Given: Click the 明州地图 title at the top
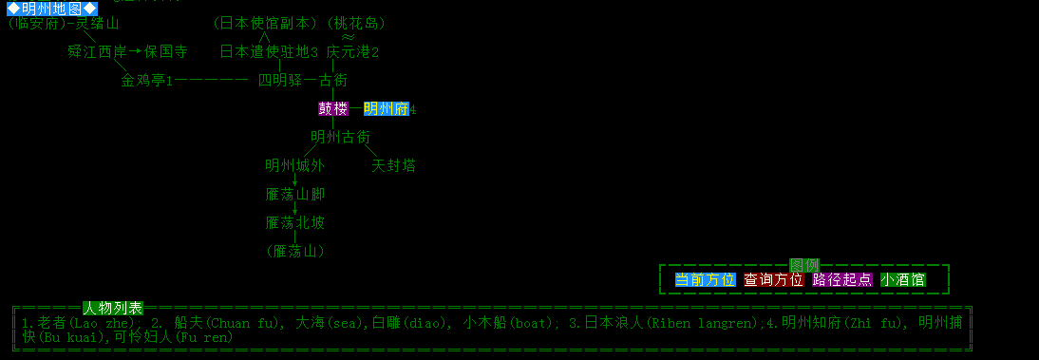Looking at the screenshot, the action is point(52,9).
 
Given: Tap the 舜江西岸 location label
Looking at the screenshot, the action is point(97,51).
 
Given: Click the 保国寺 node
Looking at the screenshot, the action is point(165,51).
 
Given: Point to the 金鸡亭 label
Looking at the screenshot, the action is point(142,81).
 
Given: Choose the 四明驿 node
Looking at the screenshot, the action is point(280,81).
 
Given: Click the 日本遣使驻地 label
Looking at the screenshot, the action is point(265,51).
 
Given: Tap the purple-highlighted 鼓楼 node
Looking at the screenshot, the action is point(333,109).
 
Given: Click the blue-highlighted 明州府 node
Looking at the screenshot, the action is point(386,109).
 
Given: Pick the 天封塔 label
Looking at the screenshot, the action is point(393,166).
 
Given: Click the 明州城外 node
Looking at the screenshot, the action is point(294,166).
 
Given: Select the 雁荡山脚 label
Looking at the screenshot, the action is point(295,195).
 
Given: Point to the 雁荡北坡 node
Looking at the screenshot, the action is point(295,223).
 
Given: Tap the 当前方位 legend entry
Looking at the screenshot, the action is point(706,280).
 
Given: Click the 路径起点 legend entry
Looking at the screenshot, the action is point(842,280).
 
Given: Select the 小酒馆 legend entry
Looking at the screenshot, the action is point(903,280).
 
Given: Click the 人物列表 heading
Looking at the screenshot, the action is point(113,308).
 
